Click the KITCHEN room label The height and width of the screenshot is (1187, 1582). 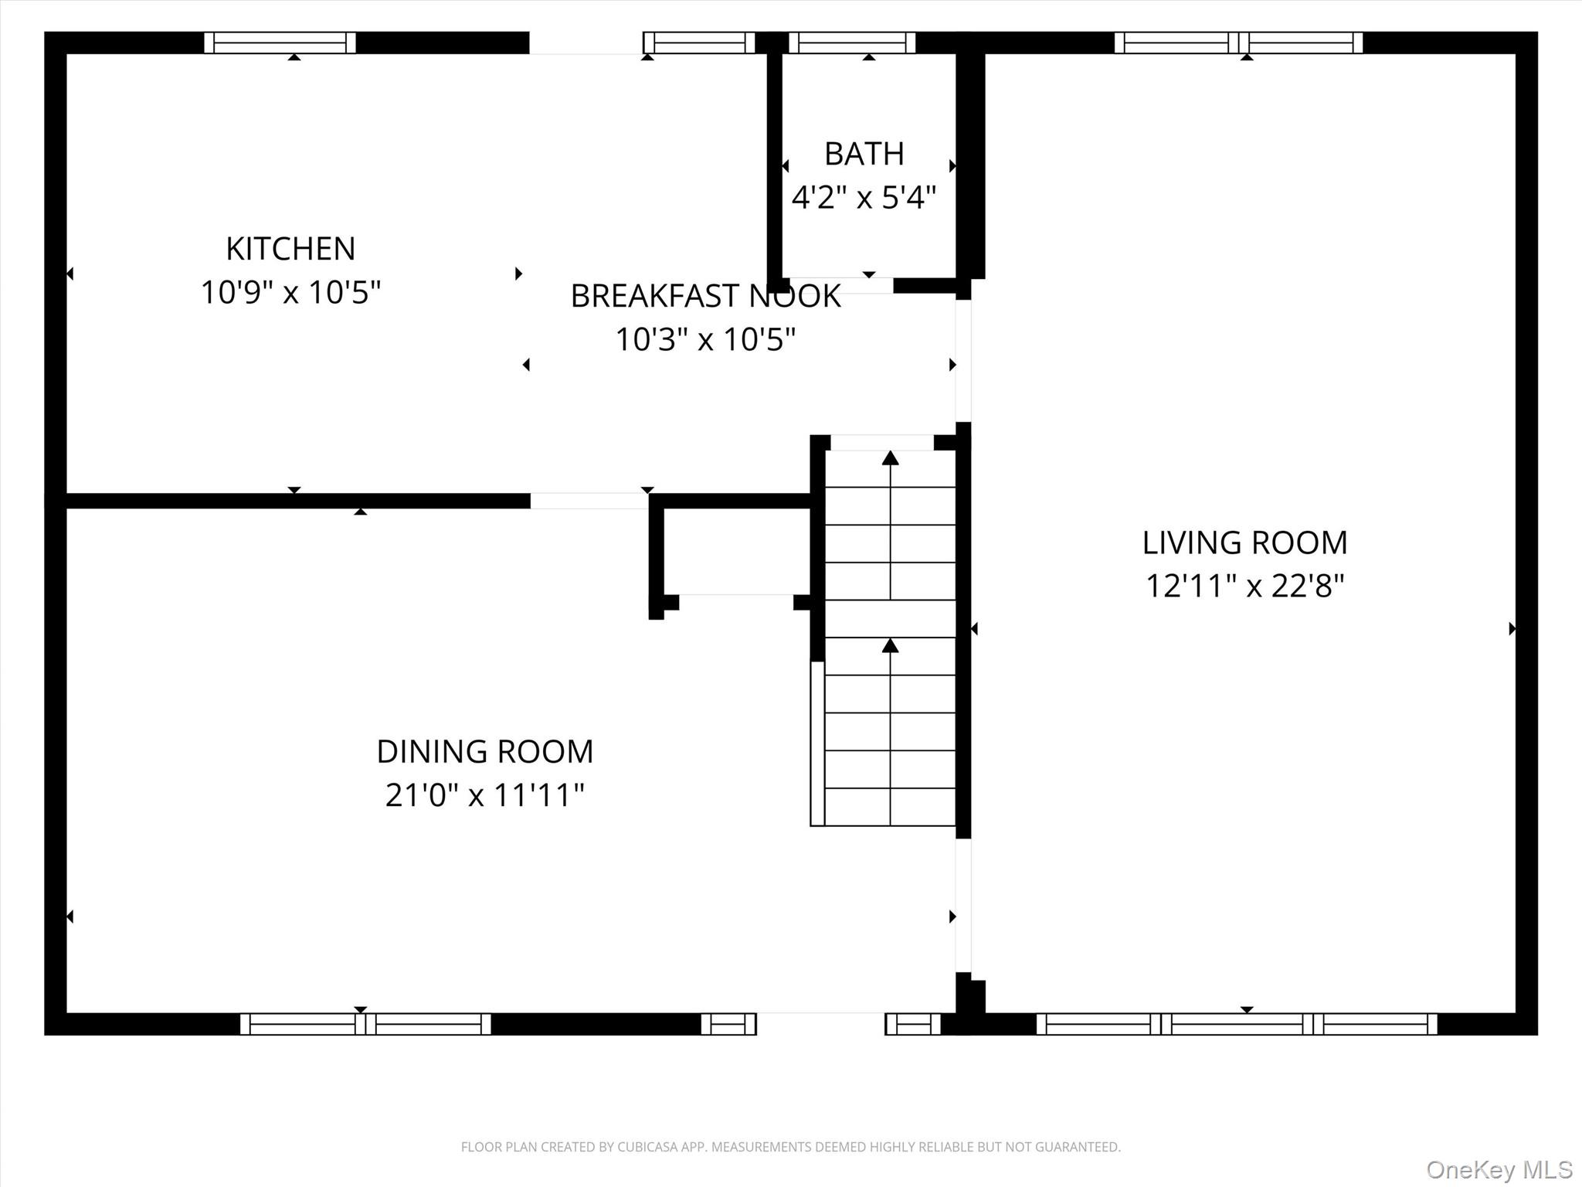(290, 249)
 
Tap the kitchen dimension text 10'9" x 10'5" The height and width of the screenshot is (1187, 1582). (290, 293)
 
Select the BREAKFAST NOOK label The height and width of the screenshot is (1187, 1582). (705, 296)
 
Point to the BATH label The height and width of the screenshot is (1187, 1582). (864, 154)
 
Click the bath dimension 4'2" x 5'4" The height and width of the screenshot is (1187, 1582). (864, 198)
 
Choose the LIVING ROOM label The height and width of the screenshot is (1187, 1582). (1244, 542)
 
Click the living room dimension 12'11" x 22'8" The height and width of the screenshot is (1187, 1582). (1244, 586)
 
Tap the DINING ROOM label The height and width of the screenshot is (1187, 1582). (484, 751)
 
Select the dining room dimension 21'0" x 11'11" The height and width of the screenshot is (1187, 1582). (484, 794)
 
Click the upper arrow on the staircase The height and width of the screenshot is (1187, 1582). (891, 458)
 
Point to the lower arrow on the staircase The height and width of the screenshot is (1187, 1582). (891, 646)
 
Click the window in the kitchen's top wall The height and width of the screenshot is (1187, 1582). (280, 43)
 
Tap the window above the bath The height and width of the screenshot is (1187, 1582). (851, 43)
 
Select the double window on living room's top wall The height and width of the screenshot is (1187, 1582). (1238, 43)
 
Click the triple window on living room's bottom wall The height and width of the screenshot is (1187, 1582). (1236, 1024)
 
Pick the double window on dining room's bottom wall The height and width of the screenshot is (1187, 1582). (365, 1024)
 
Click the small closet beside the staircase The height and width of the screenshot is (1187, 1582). (736, 550)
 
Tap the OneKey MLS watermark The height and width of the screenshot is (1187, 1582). (1499, 1169)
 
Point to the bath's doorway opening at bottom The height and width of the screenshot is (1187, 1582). (838, 286)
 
